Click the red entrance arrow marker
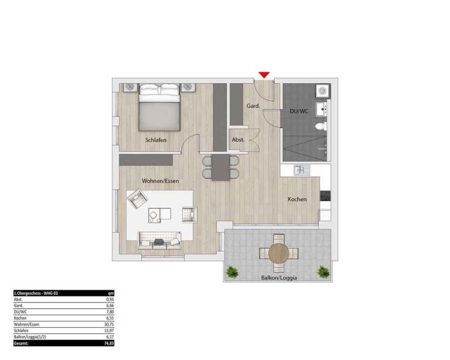click(x=264, y=75)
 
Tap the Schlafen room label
click(x=156, y=140)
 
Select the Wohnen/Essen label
click(x=160, y=181)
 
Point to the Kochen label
click(x=297, y=199)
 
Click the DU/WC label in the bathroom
click(x=299, y=111)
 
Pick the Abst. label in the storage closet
click(x=238, y=140)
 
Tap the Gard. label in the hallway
click(x=253, y=106)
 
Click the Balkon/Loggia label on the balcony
click(x=279, y=278)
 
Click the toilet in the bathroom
click(x=321, y=126)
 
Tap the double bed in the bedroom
click(x=159, y=107)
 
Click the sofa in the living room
click(x=159, y=240)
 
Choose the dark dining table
click(x=221, y=167)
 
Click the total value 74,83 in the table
click(x=109, y=343)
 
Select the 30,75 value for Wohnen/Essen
click(x=109, y=324)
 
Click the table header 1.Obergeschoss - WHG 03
click(x=36, y=293)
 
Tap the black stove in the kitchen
click(x=325, y=196)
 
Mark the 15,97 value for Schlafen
click(x=109, y=331)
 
